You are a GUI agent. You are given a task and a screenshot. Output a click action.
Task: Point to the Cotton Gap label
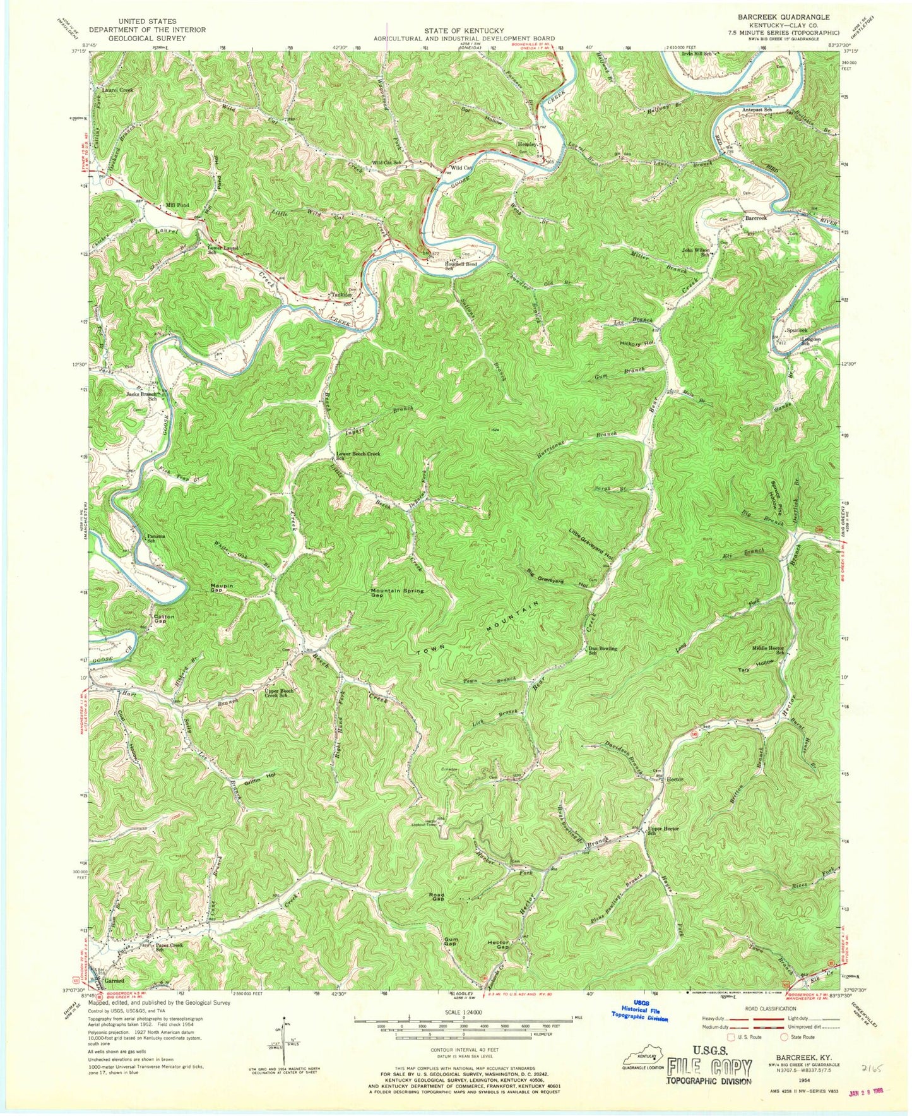tap(164, 619)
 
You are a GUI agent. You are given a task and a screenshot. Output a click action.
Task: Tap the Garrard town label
tap(114, 981)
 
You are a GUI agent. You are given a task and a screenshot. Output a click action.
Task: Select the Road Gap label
tap(437, 897)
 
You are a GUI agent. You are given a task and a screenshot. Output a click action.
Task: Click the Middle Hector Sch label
tap(767, 650)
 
